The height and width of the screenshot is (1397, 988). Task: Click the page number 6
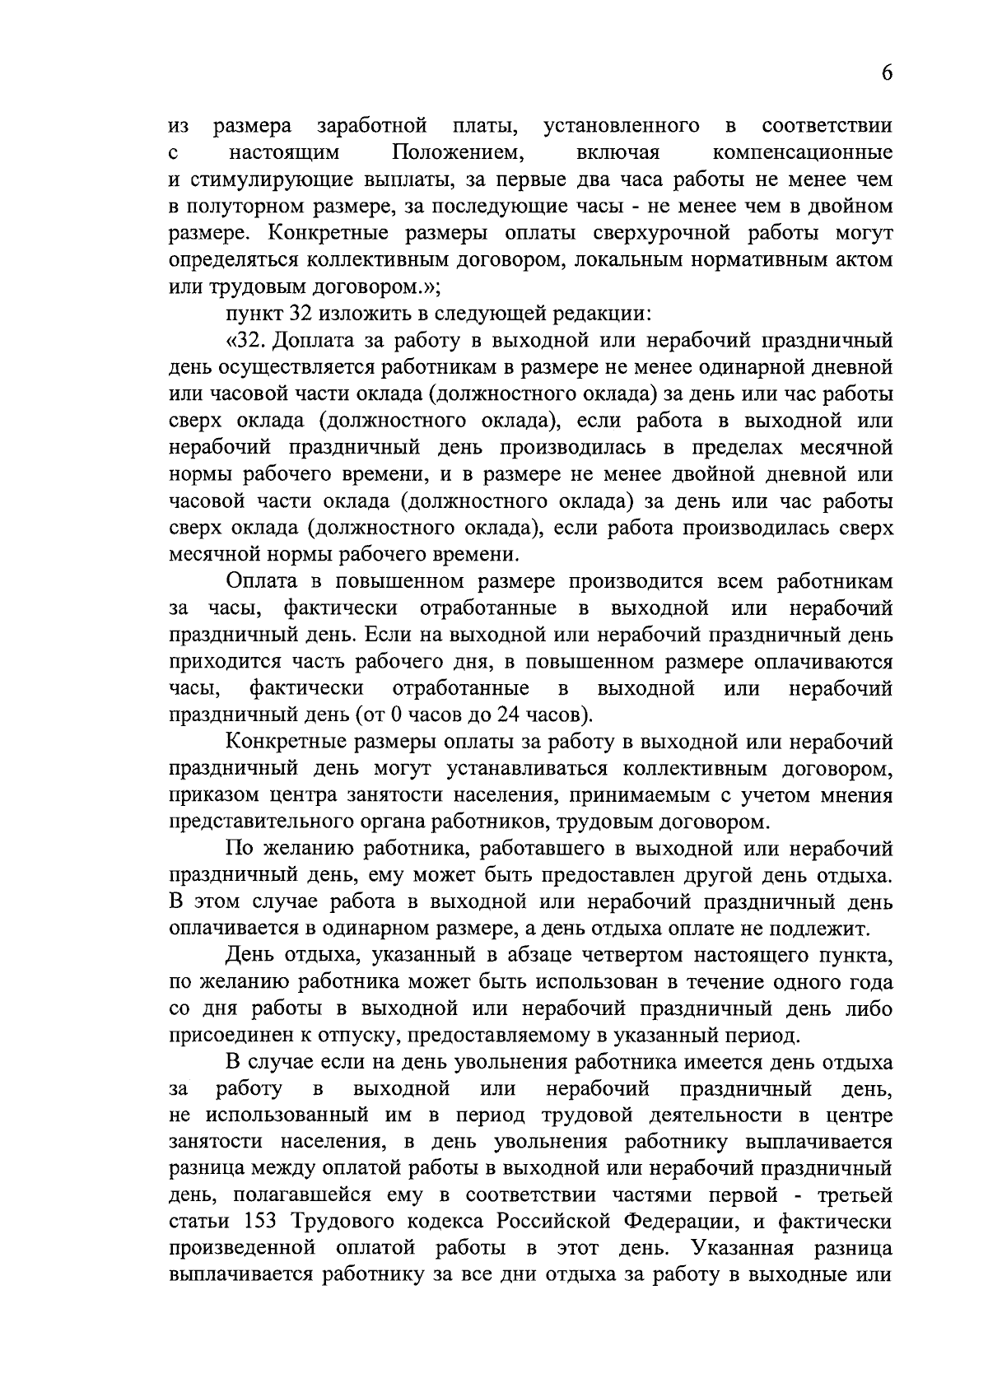(887, 73)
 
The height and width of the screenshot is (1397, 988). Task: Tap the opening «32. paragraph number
(246, 341)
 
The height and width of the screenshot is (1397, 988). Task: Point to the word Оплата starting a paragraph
(261, 581)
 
